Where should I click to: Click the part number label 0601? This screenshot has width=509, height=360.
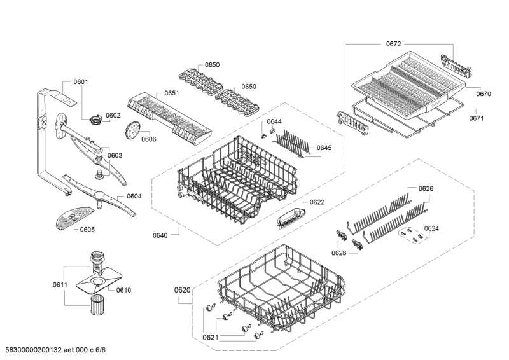(x=81, y=81)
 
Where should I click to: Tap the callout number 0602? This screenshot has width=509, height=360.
(x=113, y=115)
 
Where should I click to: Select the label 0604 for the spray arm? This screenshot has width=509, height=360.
(x=134, y=196)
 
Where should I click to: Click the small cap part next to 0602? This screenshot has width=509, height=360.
(x=96, y=118)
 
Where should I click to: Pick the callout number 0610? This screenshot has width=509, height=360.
(x=123, y=290)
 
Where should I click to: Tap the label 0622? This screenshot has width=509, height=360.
(x=317, y=202)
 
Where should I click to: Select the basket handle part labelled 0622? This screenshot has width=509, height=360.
(x=290, y=217)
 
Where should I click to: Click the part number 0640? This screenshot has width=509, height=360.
(x=160, y=235)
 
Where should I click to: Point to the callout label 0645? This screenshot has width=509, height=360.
(x=324, y=148)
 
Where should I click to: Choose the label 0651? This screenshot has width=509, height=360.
(x=171, y=93)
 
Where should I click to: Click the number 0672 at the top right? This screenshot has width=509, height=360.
(x=393, y=44)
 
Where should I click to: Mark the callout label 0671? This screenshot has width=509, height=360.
(x=477, y=118)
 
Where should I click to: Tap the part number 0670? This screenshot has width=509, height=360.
(x=484, y=93)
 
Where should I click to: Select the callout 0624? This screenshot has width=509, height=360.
(x=431, y=228)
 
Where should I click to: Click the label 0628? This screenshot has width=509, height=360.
(x=338, y=253)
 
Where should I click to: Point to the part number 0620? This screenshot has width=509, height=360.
(x=183, y=290)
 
